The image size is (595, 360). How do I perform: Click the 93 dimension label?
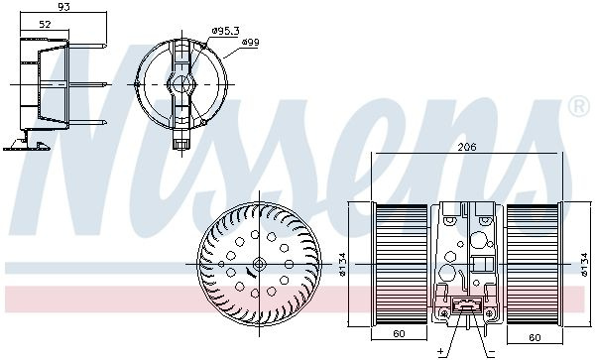coord(64,7)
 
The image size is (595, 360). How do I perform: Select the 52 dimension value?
coord(45,24)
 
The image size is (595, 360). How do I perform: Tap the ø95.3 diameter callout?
coord(225,31)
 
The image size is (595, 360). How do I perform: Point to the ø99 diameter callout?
coord(251,42)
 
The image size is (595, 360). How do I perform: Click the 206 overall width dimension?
coord(466,147)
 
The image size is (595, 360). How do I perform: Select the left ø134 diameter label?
coord(342,264)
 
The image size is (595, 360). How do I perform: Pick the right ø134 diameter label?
coord(585,265)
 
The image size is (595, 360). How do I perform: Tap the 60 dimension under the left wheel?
coord(399,333)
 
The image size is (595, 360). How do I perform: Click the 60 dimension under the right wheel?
coord(535,337)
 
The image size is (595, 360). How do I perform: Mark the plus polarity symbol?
coord(441,351)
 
